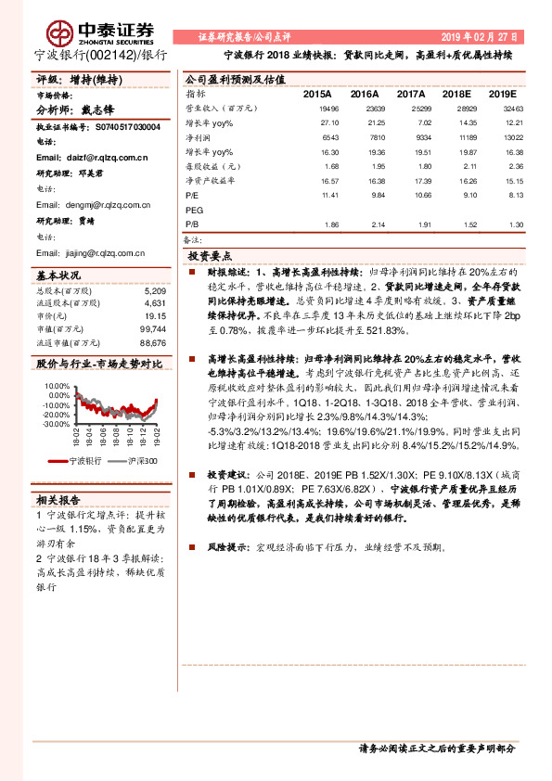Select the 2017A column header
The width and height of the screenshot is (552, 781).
tap(411, 95)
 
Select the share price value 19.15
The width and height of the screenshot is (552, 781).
tap(154, 315)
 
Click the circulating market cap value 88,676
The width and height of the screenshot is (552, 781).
tap(152, 341)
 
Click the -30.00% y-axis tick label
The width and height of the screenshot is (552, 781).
tap(56, 423)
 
